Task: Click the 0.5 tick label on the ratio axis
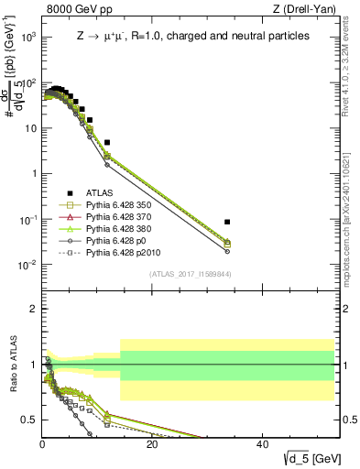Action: (28, 420)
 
